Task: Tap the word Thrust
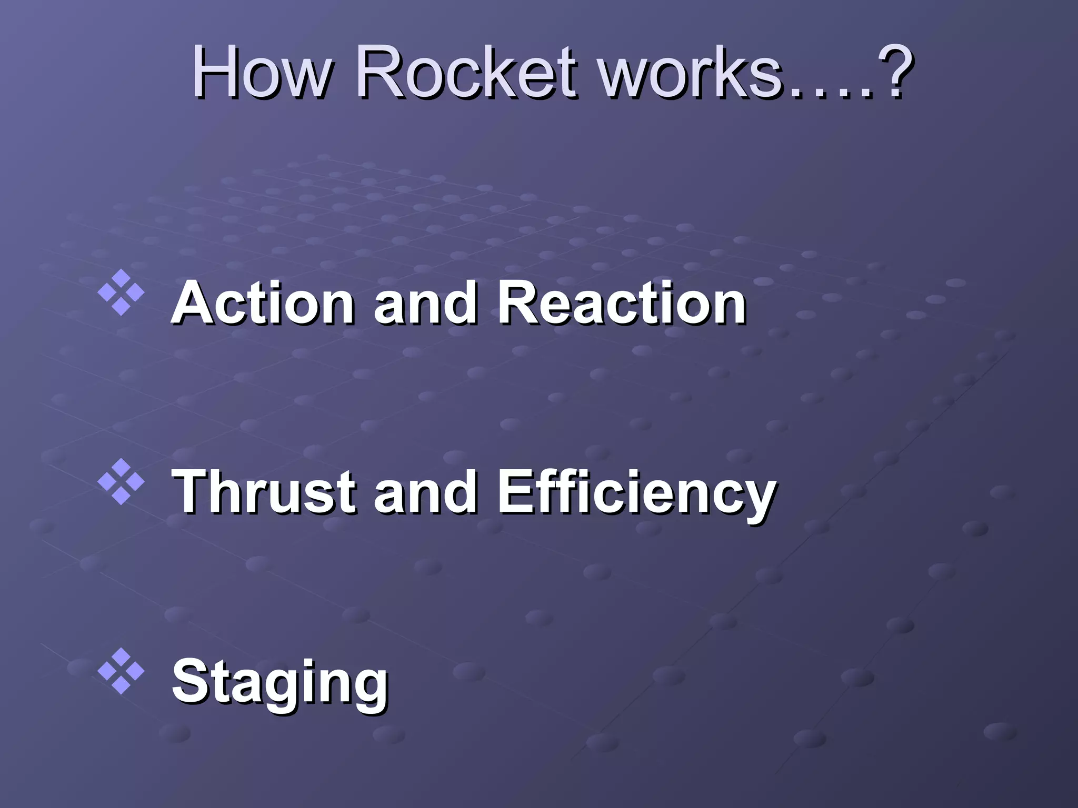(263, 492)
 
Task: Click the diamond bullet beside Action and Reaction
(121, 292)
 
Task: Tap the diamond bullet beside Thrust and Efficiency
(121, 481)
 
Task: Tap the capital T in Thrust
(192, 492)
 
